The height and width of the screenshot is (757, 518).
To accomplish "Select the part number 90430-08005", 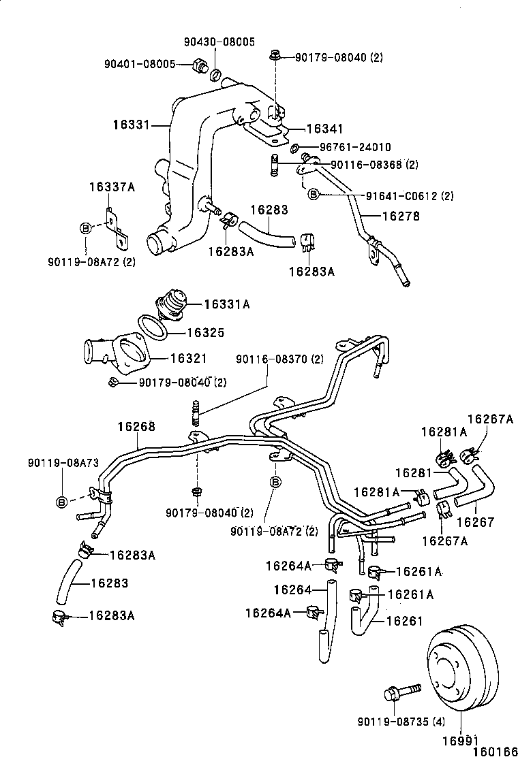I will [x=219, y=42].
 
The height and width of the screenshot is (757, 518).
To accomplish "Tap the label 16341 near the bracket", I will [x=324, y=129].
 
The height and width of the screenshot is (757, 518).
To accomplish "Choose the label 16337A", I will [x=111, y=187].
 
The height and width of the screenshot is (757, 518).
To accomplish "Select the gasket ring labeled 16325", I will [x=153, y=328].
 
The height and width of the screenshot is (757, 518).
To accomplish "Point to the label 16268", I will [x=136, y=427].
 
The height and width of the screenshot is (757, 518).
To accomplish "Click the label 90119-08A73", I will [x=63, y=462].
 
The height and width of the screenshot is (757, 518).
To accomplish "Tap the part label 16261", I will [x=405, y=620].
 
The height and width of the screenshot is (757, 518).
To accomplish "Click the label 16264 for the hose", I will [x=292, y=589].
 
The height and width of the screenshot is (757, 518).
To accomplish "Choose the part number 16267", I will [x=475, y=523].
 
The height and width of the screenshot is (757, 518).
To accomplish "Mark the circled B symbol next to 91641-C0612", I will [x=314, y=195].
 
